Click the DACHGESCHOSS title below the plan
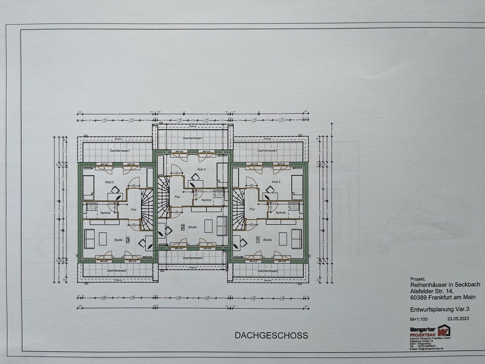tap(271, 335)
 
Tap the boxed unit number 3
tap(128, 240)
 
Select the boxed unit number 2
tap(183, 227)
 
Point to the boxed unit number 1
tap(258, 240)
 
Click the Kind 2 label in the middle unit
tap(201, 169)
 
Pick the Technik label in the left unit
tap(105, 213)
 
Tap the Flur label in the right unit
tap(252, 209)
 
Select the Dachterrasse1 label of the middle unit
tap(193, 138)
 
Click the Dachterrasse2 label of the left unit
tap(117, 271)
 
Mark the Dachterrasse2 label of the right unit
tap(268, 271)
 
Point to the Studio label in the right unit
tap(267, 240)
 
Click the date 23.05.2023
tap(458, 318)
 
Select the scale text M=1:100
tap(419, 319)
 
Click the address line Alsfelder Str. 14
tap(432, 291)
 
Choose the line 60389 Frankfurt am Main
tap(443, 297)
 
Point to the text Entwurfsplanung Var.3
tap(440, 309)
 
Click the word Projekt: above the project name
tap(418, 279)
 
